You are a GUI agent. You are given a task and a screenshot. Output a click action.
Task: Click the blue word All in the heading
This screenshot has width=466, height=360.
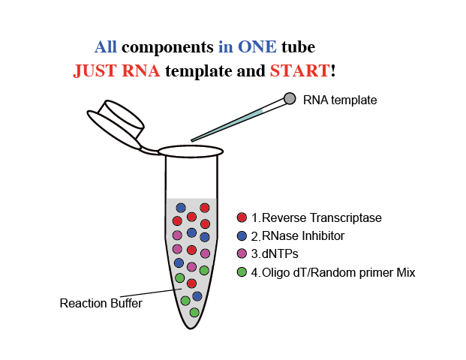coord(106,47)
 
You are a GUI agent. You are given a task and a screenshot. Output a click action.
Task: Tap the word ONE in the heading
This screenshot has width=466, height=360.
coord(257,47)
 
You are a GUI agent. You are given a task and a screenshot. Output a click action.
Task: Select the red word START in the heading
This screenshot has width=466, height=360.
coord(300,70)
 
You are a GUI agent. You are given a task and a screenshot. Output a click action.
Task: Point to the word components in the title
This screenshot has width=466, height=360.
coord(167,47)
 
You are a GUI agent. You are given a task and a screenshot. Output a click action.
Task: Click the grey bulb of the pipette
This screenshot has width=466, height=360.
coord(290,98)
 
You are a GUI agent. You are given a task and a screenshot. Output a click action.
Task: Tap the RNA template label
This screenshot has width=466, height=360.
coord(340,100)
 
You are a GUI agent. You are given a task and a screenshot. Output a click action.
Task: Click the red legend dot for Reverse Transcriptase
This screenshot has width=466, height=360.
coord(242,217)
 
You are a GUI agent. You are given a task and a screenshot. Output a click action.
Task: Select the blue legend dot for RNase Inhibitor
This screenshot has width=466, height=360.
coord(242,235)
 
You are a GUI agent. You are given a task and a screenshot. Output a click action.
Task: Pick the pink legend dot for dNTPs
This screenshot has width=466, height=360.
coord(242,253)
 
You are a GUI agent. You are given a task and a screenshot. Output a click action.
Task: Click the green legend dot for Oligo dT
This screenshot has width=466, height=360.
coord(242,272)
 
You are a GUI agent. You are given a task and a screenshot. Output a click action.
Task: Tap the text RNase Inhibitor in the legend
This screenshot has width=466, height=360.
coord(303,235)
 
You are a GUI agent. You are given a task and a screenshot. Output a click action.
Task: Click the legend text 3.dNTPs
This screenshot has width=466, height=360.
coord(275,254)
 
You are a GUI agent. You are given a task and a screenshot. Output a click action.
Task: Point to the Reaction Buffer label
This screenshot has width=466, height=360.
coord(101,303)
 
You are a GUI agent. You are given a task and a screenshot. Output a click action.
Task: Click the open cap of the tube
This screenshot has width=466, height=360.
coord(116,124)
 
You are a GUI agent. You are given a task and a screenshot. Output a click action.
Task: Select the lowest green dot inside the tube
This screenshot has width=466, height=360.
coord(194,313)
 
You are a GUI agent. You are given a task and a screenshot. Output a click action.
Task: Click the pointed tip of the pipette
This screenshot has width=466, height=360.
coord(191,141)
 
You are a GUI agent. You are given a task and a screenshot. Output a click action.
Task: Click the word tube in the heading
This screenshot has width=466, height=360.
coord(299,47)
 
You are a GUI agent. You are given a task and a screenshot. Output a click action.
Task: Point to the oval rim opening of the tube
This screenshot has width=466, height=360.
coord(191,151)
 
